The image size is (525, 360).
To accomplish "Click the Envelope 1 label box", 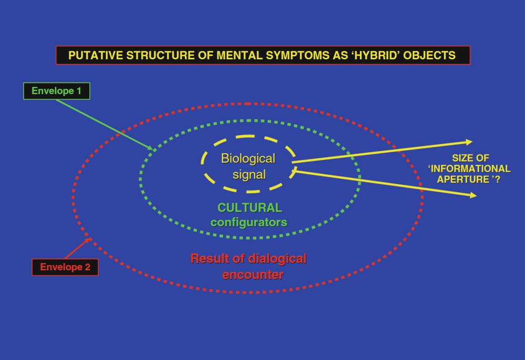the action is click(x=57, y=91).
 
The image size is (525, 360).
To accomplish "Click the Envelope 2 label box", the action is click(x=65, y=267).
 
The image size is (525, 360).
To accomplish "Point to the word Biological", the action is click(x=248, y=158).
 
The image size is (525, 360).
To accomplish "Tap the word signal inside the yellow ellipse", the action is click(x=249, y=175).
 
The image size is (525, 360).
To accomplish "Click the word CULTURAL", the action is click(x=250, y=208).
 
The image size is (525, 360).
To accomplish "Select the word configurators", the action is click(x=249, y=222).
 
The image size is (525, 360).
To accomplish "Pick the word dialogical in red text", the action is click(x=277, y=259).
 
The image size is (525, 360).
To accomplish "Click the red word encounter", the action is click(x=253, y=274).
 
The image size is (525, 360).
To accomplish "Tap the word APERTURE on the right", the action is click(x=463, y=179).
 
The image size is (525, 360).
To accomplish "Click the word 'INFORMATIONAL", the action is click(x=469, y=168).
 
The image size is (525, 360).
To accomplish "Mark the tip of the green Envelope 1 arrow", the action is click(x=153, y=149).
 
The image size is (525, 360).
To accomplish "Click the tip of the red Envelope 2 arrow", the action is click(x=91, y=238).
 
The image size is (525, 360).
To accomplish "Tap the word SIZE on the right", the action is click(x=460, y=158).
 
